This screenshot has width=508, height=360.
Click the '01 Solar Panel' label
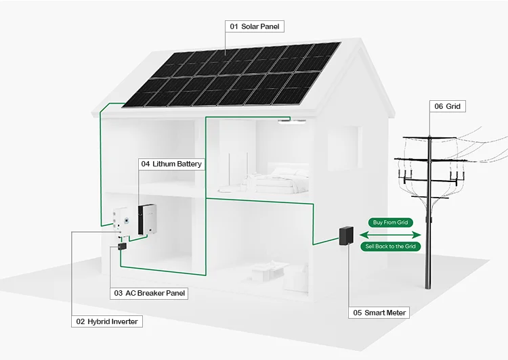[255, 26]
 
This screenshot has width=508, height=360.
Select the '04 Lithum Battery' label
[171, 164]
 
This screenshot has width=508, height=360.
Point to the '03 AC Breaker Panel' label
[148, 293]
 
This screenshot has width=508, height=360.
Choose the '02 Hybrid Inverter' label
[107, 321]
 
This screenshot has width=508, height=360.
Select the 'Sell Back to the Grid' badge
[391, 246]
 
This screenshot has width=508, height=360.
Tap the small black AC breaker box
[122, 247]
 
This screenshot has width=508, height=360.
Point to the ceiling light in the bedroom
[291, 120]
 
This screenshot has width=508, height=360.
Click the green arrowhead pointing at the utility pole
[418, 234]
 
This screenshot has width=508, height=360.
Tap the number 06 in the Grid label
[439, 106]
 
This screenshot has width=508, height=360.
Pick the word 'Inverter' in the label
[123, 321]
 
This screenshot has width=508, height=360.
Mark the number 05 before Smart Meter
[358, 313]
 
